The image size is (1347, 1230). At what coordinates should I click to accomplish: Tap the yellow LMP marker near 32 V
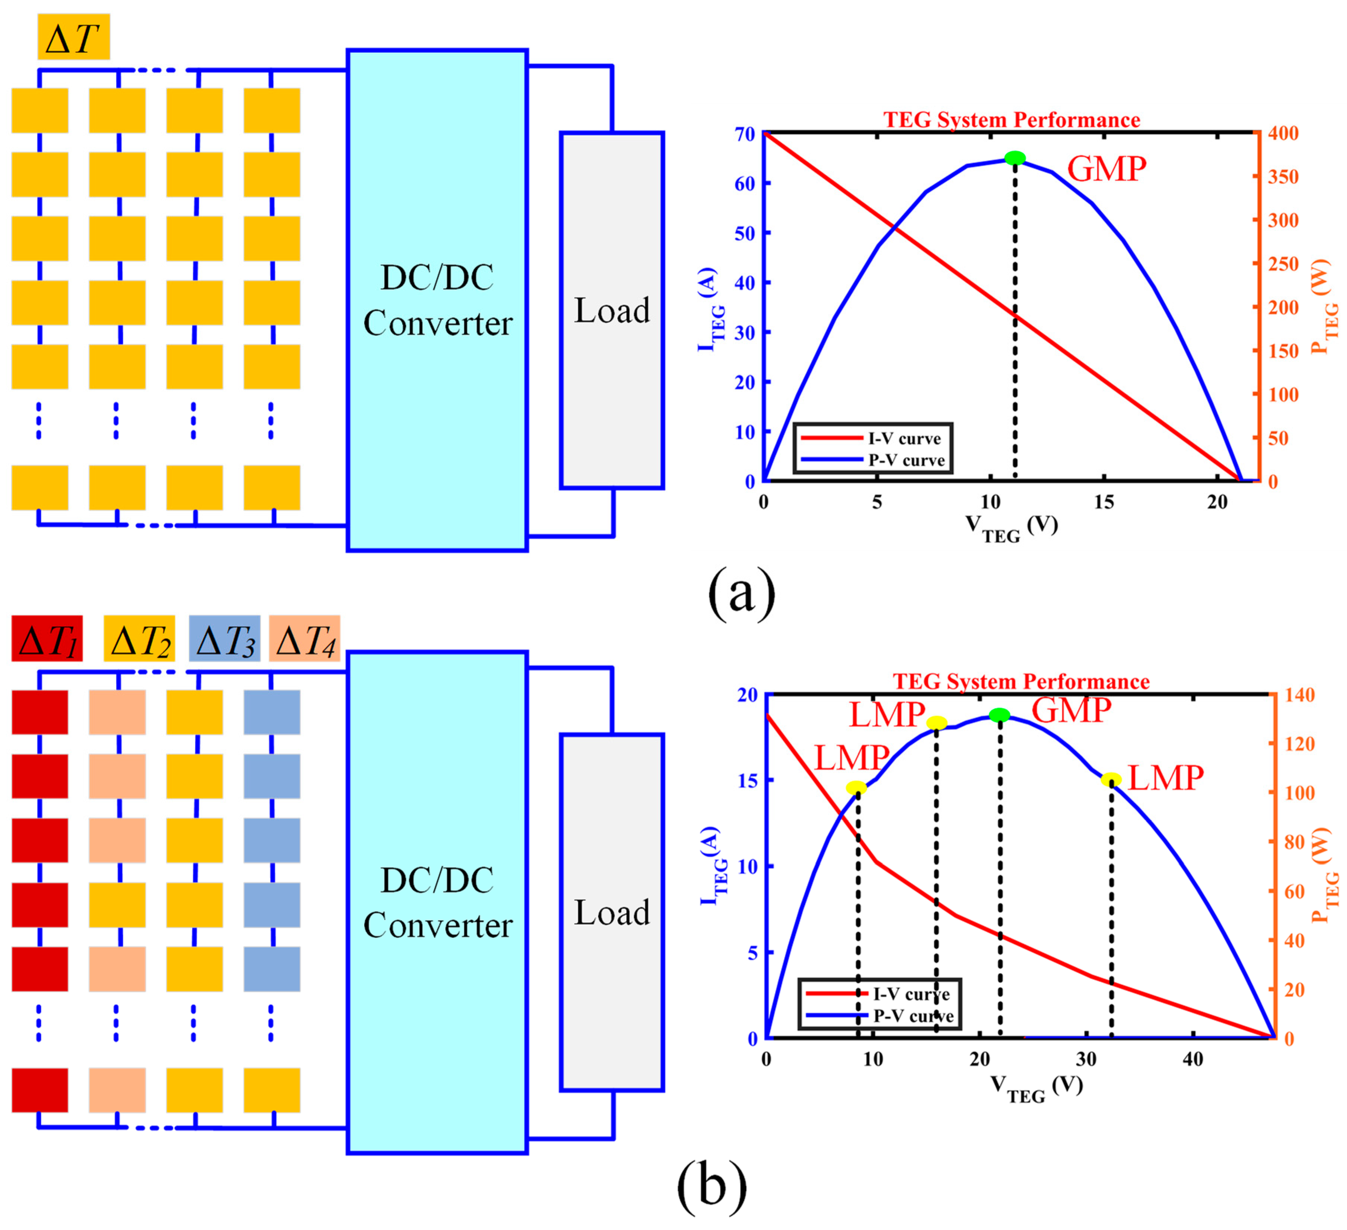[x=1111, y=779]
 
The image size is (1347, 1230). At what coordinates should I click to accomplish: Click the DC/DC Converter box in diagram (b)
[x=437, y=902]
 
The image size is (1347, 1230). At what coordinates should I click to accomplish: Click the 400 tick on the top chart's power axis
[x=1283, y=134]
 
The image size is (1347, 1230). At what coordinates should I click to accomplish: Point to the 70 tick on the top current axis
[x=744, y=134]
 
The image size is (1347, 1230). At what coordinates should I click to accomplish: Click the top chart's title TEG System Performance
[x=1012, y=120]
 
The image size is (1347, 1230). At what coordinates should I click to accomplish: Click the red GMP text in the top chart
[x=1106, y=168]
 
